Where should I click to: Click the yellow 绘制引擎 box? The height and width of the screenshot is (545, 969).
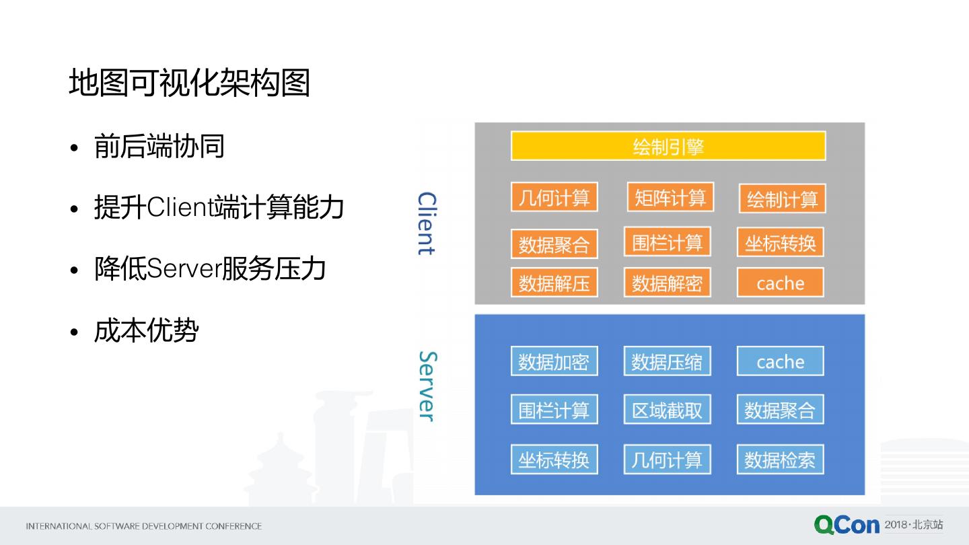(x=668, y=146)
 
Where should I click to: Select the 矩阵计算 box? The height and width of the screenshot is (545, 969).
(x=670, y=197)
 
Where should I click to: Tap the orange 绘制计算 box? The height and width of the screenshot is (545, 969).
(x=782, y=198)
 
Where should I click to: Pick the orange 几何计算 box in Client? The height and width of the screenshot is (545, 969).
(x=554, y=197)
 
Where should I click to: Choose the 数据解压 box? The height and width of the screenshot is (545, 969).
(x=554, y=283)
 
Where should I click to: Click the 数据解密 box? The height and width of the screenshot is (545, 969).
(x=667, y=283)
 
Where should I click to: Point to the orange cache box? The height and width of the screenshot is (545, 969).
(x=781, y=283)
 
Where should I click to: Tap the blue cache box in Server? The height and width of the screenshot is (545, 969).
(x=781, y=361)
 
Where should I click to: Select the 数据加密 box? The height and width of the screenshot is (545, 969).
(x=554, y=361)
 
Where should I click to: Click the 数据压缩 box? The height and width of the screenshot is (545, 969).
(x=667, y=361)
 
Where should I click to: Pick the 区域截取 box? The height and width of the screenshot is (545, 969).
(x=667, y=410)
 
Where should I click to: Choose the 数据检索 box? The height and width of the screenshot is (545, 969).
(x=781, y=460)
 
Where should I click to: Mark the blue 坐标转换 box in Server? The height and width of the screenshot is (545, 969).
(x=554, y=460)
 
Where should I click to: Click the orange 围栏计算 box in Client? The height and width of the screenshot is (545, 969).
(x=667, y=242)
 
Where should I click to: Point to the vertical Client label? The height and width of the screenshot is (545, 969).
(x=427, y=223)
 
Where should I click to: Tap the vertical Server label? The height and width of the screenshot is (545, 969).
(x=427, y=386)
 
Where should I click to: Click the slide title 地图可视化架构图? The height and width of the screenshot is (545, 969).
(x=189, y=83)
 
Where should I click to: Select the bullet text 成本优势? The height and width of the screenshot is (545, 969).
(x=146, y=331)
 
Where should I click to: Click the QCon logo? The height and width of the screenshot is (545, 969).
(x=847, y=525)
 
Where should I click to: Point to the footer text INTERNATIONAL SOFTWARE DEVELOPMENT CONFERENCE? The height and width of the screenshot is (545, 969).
(x=143, y=526)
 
